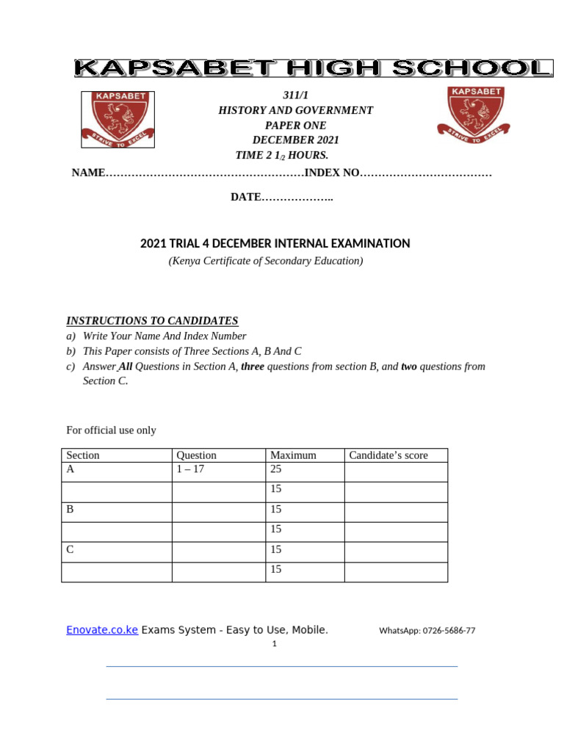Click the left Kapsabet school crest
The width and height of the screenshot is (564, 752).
pos(117,120)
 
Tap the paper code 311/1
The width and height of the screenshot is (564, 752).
pos(296,96)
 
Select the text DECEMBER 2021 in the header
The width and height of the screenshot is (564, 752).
pos(296,140)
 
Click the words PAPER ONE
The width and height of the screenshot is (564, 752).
pos(296,126)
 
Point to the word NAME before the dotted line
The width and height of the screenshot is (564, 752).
pos(88,173)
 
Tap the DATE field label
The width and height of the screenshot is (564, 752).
pos(246,198)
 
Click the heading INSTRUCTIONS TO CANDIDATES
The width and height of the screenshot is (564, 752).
pos(152,321)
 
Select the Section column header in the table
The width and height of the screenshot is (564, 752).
pos(83,455)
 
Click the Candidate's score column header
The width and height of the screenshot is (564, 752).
pos(388,455)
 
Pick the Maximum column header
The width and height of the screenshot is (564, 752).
pos(293,455)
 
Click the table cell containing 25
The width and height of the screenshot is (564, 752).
pos(277,469)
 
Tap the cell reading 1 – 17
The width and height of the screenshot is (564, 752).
pos(190,469)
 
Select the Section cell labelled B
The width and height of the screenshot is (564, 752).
pos(70,509)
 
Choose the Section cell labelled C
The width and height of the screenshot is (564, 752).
pos(70,549)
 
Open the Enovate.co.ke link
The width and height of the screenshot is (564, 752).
pos(102,630)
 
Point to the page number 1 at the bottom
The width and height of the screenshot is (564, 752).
pos(274,644)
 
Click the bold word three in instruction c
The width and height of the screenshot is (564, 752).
pos(253,366)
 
